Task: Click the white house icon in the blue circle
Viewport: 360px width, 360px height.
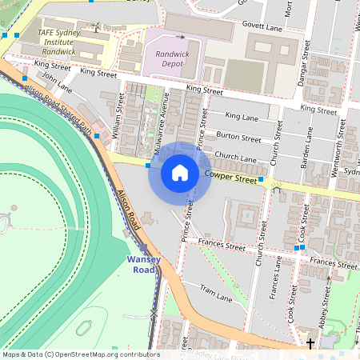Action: pyautogui.click(x=180, y=173)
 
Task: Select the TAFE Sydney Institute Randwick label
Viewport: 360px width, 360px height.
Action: pyautogui.click(x=61, y=42)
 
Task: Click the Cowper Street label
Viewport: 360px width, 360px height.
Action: pyautogui.click(x=230, y=177)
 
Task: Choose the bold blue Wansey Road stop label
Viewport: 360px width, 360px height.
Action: pyautogui.click(x=143, y=265)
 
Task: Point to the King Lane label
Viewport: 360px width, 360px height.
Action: pyautogui.click(x=242, y=116)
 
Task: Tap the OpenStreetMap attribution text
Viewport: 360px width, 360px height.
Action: pyautogui.click(x=80, y=354)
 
